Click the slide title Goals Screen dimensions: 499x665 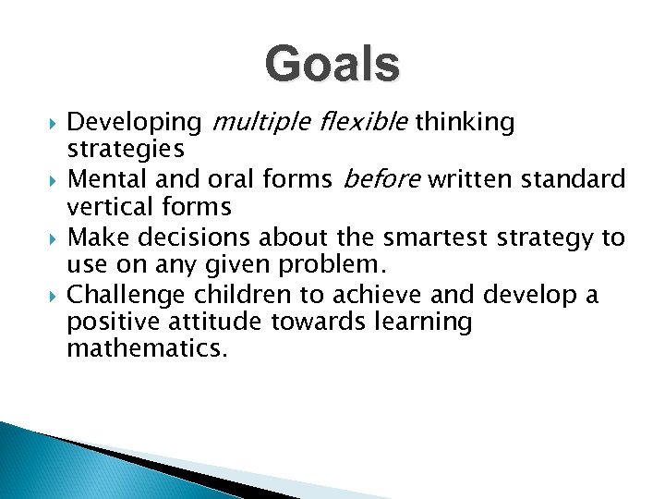(x=332, y=66)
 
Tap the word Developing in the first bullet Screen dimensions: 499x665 (x=135, y=123)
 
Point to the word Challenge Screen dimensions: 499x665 (x=122, y=296)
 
